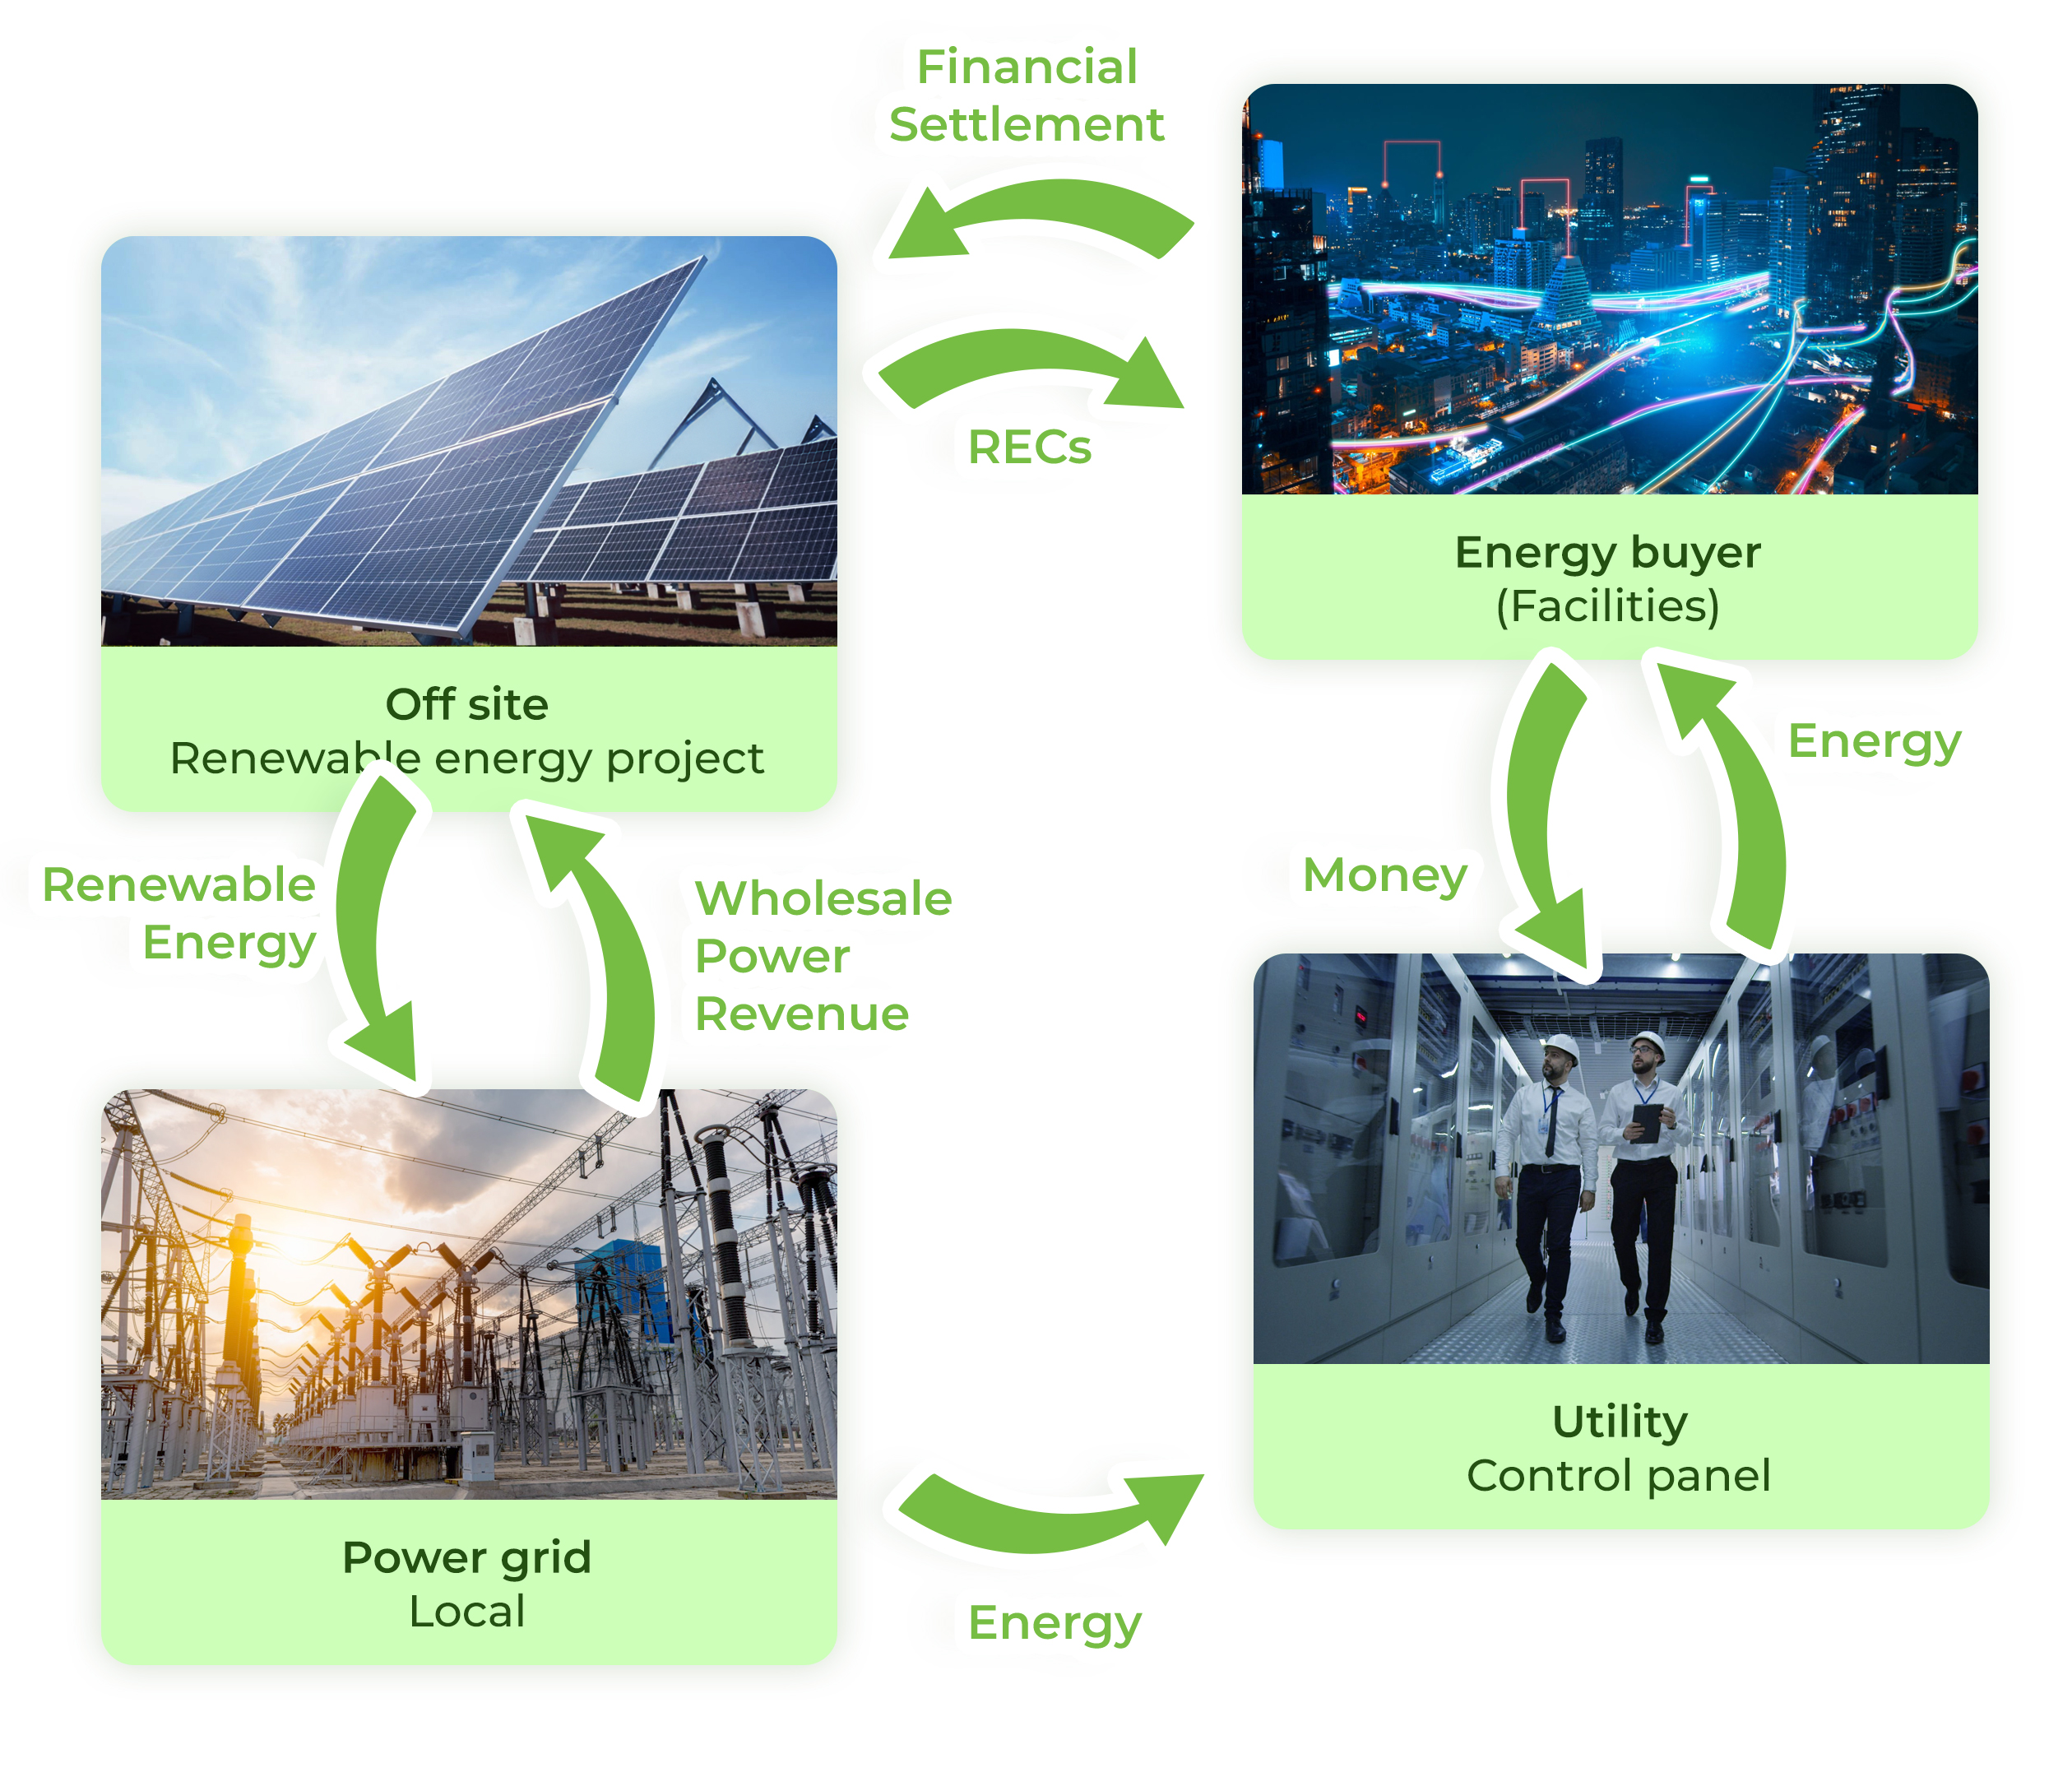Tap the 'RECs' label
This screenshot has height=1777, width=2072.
tap(1029, 447)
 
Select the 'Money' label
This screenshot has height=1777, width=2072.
tap(1384, 875)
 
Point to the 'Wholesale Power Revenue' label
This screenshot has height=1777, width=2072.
tap(822, 956)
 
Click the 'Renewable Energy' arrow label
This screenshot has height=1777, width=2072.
tap(180, 913)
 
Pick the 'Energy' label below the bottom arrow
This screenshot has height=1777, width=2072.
tap(1054, 1622)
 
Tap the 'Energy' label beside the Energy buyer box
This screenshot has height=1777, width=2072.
tap(1874, 741)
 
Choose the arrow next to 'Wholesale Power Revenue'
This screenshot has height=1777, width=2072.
tap(610, 960)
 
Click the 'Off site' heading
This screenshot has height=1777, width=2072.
tap(467, 704)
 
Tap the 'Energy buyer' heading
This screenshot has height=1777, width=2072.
tap(1608, 552)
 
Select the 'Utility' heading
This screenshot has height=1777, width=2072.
tap(1620, 1421)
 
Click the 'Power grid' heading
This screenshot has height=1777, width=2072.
tap(467, 1557)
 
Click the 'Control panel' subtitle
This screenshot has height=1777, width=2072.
tap(1620, 1476)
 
